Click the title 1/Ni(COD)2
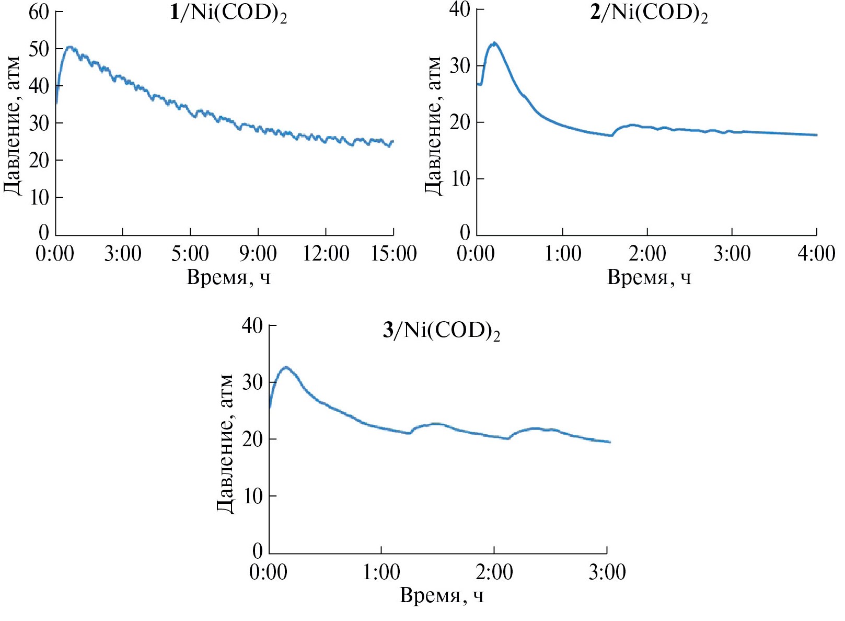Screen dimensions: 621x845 click(x=228, y=13)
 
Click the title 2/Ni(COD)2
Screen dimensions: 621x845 click(x=649, y=13)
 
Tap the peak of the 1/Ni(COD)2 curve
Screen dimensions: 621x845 click(x=70, y=47)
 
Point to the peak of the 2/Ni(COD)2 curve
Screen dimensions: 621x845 click(x=494, y=43)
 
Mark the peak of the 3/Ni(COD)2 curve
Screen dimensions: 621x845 click(x=286, y=367)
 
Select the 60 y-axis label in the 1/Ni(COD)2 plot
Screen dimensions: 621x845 click(x=39, y=12)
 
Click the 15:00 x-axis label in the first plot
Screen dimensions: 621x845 click(x=393, y=254)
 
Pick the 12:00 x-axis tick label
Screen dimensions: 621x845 click(x=326, y=254)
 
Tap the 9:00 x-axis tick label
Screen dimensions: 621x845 click(x=258, y=254)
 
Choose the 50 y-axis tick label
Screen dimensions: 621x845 click(x=39, y=49)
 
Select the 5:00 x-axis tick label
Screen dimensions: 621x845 click(x=190, y=254)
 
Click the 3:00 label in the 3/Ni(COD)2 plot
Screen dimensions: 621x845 click(x=607, y=572)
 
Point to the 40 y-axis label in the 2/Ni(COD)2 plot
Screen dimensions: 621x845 click(x=460, y=9)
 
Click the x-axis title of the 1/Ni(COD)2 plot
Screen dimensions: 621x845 click(x=228, y=277)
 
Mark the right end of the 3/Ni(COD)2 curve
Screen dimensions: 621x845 click(x=609, y=442)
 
